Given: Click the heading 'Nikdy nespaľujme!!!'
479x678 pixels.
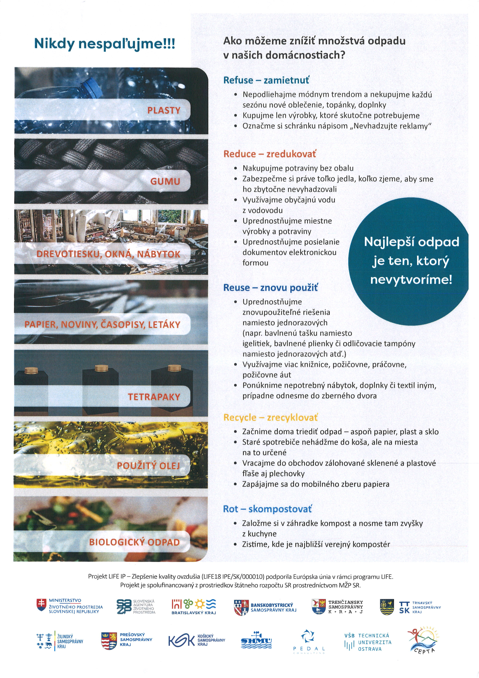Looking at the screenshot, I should click(x=105, y=44).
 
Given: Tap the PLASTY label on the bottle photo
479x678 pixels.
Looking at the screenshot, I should click(x=164, y=110).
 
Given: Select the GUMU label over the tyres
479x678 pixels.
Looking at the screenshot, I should click(x=165, y=181).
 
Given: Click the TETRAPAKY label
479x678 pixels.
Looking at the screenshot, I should click(x=154, y=397).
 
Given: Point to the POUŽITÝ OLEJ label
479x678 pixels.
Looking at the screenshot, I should click(x=148, y=466).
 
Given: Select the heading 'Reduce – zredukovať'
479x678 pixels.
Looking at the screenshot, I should click(x=270, y=154).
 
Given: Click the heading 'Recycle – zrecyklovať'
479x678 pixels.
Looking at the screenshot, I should click(x=270, y=418).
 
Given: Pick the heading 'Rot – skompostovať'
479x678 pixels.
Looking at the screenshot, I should click(x=267, y=509).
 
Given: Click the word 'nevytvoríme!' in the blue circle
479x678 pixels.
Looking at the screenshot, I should click(x=411, y=280).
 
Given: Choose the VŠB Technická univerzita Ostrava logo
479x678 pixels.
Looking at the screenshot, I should click(x=368, y=642).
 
